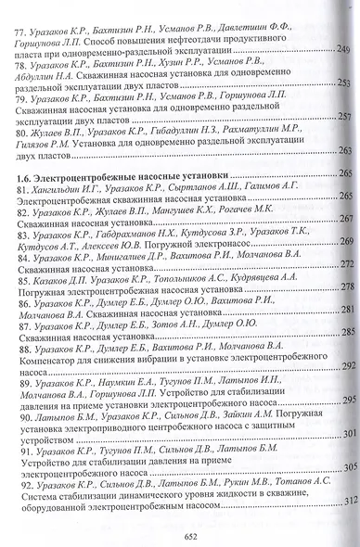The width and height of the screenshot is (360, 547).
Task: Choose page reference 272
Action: (x=342, y=263)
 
